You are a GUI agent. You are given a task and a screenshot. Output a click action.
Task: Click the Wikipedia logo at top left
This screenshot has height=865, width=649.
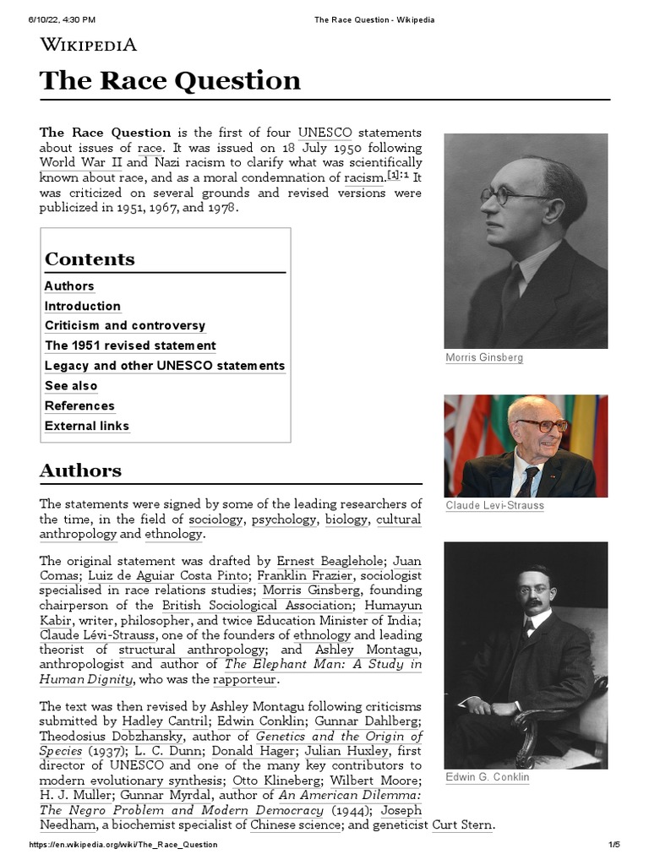[88, 45]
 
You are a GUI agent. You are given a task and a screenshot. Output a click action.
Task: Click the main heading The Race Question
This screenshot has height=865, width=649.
[170, 80]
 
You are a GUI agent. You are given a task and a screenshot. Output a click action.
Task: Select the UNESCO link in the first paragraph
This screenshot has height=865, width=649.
[324, 133]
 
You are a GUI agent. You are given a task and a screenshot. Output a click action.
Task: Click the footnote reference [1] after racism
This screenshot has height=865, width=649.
[393, 176]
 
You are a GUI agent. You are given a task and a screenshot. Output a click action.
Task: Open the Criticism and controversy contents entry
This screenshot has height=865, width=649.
[125, 325]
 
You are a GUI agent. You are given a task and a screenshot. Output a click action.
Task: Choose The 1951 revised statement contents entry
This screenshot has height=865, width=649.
[130, 345]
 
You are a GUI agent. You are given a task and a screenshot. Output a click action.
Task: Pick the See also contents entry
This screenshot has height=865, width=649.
[71, 386]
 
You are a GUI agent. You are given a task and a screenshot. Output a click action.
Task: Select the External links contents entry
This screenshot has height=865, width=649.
[87, 426]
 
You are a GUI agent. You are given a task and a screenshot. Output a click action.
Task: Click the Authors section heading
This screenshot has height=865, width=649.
[80, 471]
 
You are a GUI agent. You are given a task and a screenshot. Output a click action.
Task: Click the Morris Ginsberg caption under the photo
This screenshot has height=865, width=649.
[484, 357]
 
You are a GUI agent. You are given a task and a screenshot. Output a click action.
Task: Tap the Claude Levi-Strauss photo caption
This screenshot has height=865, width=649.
[494, 505]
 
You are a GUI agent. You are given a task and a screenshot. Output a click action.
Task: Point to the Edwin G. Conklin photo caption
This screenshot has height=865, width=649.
[487, 777]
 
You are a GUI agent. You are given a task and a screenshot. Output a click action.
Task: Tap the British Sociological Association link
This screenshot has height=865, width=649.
[256, 606]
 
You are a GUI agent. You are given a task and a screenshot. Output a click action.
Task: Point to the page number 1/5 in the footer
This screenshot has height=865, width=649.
[614, 845]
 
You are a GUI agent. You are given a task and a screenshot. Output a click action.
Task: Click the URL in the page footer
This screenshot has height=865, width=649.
[123, 845]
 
